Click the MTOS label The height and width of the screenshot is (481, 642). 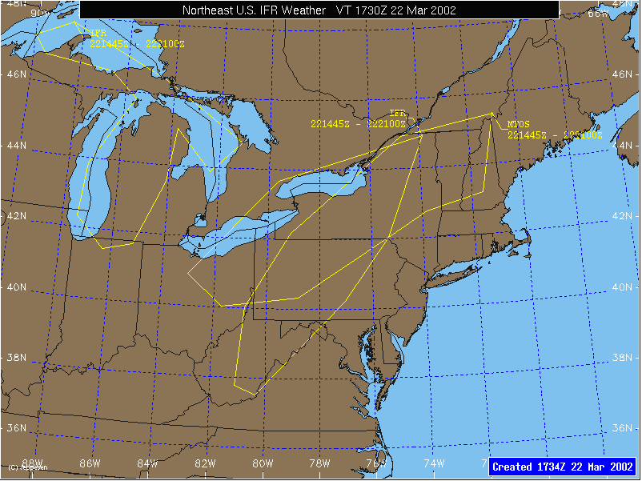518,125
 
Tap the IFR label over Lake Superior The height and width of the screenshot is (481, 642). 98,34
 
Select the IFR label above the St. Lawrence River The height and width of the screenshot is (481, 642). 398,114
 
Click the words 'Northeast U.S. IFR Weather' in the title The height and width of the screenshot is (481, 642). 254,10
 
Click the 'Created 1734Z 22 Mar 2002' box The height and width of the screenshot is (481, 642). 563,467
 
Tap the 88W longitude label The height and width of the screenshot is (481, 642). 32,463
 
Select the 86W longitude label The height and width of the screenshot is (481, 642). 90,463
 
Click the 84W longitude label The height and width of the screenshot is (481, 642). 147,463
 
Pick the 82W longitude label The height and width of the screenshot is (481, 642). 205,463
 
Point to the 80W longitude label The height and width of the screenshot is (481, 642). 263,463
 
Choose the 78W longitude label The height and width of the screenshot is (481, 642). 319,463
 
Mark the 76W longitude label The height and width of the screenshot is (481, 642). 377,463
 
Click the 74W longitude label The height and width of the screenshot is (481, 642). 434,463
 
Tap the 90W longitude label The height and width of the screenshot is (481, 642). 38,13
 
